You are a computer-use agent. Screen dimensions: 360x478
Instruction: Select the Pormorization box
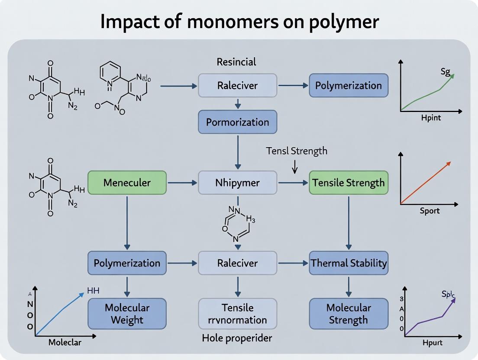tap(237, 122)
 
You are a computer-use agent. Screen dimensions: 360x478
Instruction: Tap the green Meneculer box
tap(127, 183)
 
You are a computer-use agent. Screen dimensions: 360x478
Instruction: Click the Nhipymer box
tap(237, 183)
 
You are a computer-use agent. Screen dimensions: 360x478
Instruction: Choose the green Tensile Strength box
tap(349, 183)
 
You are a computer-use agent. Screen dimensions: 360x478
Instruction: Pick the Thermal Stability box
tap(349, 263)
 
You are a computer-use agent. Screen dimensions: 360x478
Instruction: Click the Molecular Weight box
tap(127, 314)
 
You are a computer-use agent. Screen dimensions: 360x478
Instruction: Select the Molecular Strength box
tap(349, 314)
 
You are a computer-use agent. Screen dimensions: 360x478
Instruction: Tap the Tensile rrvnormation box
tap(237, 314)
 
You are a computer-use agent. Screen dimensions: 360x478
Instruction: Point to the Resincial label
tap(236, 62)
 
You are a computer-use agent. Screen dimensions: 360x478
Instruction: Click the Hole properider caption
tap(237, 338)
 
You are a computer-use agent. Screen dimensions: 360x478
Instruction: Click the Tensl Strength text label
tap(297, 151)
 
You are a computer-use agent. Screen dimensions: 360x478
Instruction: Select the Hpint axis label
tap(431, 118)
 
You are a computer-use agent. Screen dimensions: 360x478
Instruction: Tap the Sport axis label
tap(430, 211)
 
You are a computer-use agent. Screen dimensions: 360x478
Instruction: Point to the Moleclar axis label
tap(65, 342)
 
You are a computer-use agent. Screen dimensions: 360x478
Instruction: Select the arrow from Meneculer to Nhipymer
tap(182, 183)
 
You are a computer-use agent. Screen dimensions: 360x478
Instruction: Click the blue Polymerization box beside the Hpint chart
tap(349, 85)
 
